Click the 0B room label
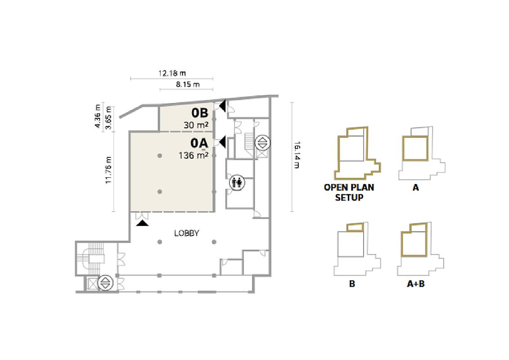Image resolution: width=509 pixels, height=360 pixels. coord(200,113)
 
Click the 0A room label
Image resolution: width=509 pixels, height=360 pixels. coord(199,143)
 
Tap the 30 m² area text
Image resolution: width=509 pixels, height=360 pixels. coord(196,125)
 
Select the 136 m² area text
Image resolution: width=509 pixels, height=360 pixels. coord(194,155)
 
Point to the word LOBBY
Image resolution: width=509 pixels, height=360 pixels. coord(187,233)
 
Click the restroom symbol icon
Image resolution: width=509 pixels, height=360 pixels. coord(237,182)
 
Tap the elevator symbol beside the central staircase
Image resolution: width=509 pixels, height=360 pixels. coord(262,143)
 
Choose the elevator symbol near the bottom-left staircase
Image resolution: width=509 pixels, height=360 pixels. coord(105,283)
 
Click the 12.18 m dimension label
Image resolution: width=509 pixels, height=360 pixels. coord(172,73)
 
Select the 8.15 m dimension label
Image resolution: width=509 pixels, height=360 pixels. coord(188,85)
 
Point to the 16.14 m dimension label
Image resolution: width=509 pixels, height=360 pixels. coord(297,155)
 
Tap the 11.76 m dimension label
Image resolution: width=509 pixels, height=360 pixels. coord(108,170)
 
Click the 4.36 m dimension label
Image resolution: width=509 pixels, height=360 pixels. coord(97,116)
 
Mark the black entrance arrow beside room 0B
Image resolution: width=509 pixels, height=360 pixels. coord(222,106)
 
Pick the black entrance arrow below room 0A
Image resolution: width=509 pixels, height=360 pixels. coord(143,223)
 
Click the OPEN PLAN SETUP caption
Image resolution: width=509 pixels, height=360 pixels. coord(349,192)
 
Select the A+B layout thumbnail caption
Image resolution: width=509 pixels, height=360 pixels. coord(416,283)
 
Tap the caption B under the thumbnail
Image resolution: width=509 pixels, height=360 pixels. coord(352,283)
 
